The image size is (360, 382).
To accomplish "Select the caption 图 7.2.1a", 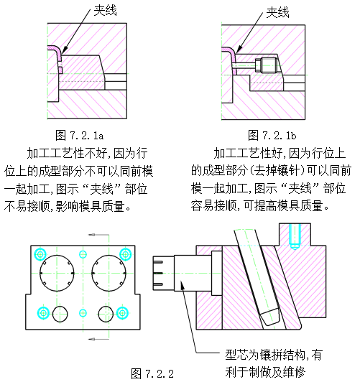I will (80, 135).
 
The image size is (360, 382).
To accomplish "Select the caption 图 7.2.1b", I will (272, 135).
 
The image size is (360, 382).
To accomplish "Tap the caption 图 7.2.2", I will (152, 373).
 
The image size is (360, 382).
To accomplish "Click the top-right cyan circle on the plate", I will (126, 253).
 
